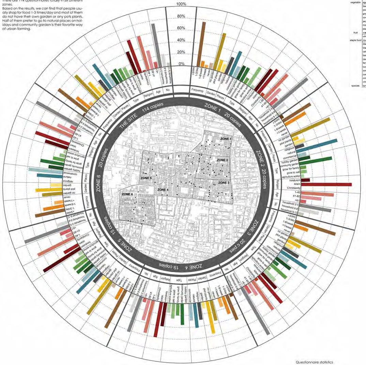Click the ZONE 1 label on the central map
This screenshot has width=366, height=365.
pyautogui.click(x=226, y=139)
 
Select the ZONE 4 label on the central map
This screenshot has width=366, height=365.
pyautogui.click(x=163, y=189)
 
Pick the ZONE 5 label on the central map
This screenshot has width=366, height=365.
pyautogui.click(x=146, y=178)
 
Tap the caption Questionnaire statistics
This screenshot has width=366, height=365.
pyautogui.click(x=314, y=362)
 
